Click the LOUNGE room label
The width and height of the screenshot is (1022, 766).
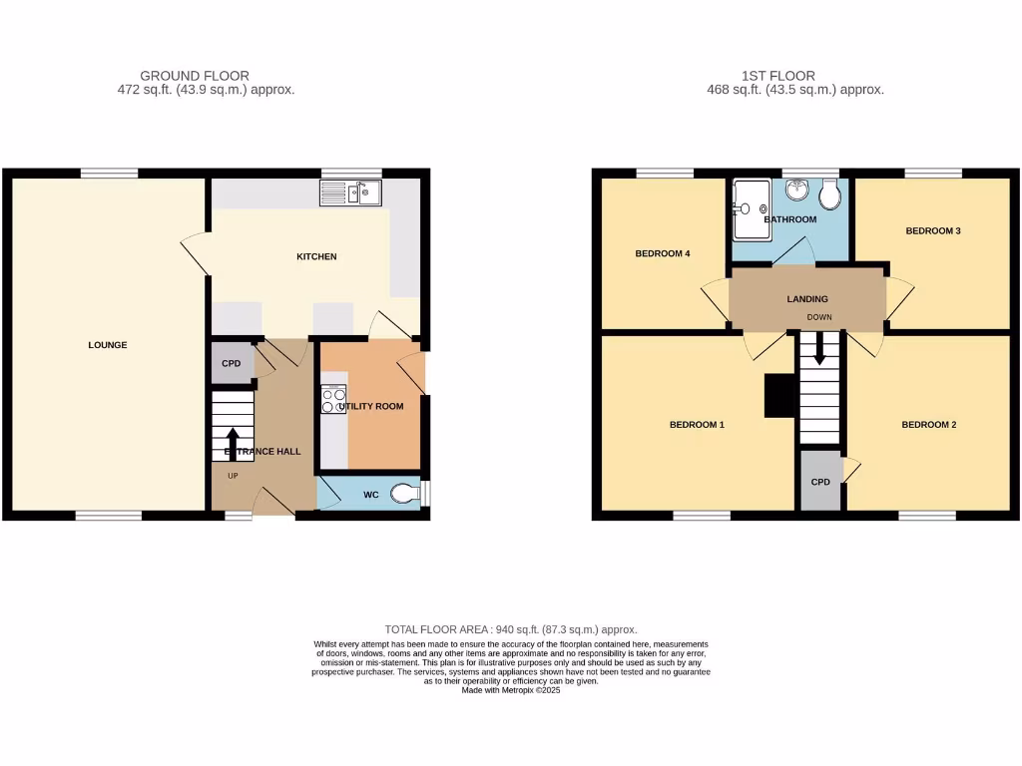coord(108,345)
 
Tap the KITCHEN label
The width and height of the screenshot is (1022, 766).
coord(316,257)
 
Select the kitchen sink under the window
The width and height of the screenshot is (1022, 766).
coord(350,191)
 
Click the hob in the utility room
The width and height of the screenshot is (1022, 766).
coord(333,401)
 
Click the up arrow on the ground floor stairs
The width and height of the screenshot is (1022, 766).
coord(232,444)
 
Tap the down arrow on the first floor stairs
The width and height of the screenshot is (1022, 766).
coord(820,348)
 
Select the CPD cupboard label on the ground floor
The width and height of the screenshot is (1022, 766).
coord(232,364)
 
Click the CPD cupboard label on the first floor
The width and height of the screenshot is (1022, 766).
coord(820,482)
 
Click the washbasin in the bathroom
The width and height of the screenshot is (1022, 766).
coord(795,189)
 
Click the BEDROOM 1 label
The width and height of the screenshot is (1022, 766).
coord(697,425)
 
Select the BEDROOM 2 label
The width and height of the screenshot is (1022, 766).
coord(929,425)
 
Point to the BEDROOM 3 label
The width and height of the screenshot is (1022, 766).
coord(933,231)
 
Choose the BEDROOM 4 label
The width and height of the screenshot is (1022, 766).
coord(663,253)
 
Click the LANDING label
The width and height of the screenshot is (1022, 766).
coord(807,298)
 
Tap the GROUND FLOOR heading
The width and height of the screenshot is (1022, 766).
coord(195,76)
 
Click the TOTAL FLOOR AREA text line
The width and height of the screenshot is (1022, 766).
coord(511,629)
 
